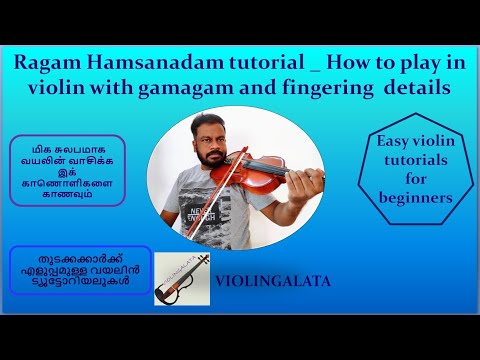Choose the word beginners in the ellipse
(x=416, y=197)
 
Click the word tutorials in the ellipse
(x=416, y=161)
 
